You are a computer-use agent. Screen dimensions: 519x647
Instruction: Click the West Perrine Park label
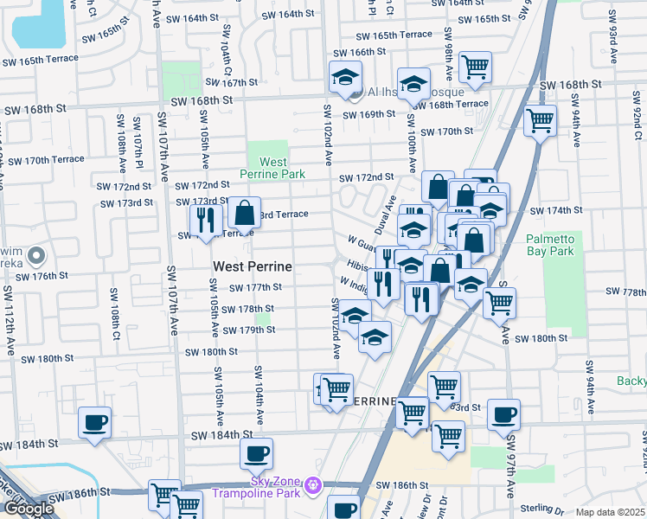tap(273, 168)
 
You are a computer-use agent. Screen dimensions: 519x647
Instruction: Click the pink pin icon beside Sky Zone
tap(314, 484)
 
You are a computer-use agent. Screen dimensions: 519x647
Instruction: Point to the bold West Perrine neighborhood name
tap(252, 267)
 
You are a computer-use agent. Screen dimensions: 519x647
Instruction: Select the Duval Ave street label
tap(386, 214)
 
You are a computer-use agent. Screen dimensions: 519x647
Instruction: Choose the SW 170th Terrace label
tap(42, 160)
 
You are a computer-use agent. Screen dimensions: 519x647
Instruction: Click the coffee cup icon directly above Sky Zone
tap(256, 452)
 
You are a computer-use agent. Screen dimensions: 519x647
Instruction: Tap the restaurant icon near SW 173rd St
tap(205, 220)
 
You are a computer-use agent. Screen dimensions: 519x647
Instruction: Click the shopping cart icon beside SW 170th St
tap(541, 120)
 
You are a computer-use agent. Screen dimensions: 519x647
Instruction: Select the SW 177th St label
tap(255, 287)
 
